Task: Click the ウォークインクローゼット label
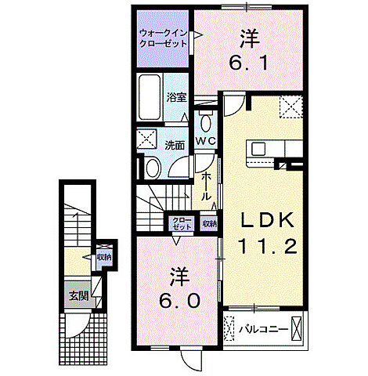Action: [162, 38]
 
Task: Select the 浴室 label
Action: [175, 98]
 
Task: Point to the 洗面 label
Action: [175, 145]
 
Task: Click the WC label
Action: [206, 140]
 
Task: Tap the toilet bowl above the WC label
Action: [205, 121]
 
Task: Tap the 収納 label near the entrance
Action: [103, 257]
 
